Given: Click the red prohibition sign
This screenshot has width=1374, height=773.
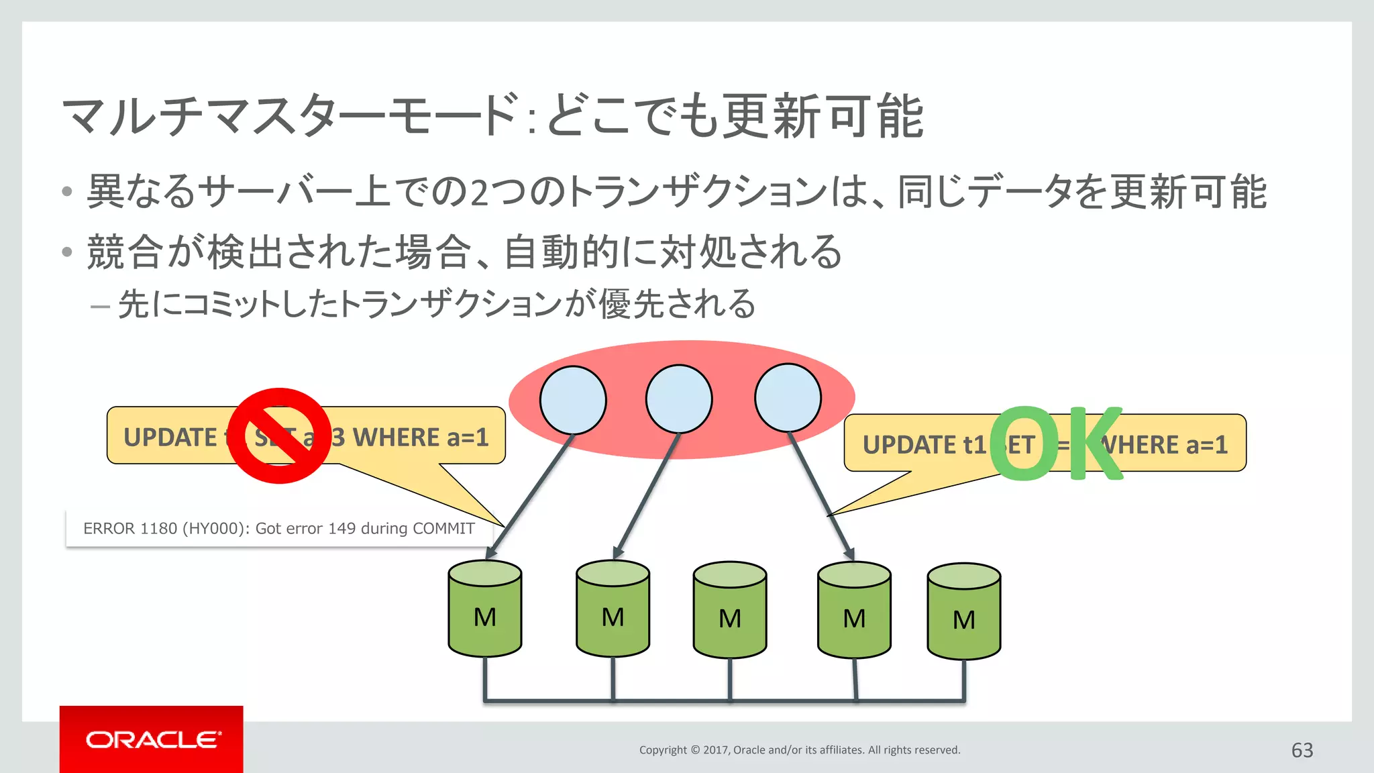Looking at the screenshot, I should (x=280, y=435).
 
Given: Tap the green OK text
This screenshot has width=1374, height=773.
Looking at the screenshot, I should (x=1056, y=444).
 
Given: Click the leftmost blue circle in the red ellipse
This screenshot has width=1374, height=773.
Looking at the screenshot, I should (x=573, y=400).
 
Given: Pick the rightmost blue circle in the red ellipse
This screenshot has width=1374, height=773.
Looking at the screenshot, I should (x=788, y=399).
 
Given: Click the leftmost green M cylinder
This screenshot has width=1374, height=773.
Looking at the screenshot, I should (x=485, y=609).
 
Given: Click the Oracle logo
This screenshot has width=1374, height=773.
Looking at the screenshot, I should (x=152, y=739).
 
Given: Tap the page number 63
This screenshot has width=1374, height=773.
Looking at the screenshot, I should (x=1302, y=750).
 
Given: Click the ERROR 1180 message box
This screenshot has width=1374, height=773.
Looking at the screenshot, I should (x=278, y=529).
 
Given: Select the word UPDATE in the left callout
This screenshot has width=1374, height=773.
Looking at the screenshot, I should (x=170, y=437).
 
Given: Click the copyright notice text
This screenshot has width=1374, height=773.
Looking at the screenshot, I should (x=799, y=750).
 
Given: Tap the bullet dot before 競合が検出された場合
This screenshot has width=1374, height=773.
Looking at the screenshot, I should (x=66, y=252).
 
